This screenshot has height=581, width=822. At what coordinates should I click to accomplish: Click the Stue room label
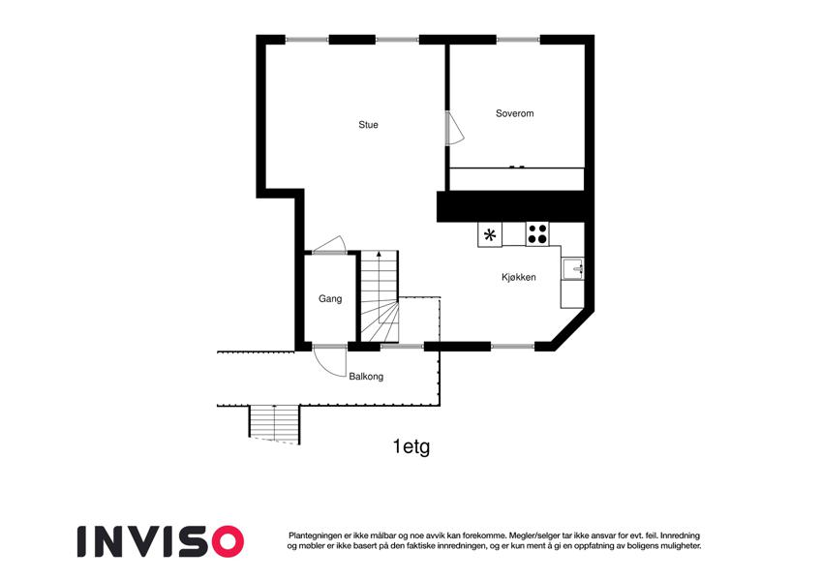coord(368,125)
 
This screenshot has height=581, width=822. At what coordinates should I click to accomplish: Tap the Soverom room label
coord(515,113)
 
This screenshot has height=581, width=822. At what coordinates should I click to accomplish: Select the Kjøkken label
coord(518,277)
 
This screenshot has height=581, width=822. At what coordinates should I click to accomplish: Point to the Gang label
coord(330,299)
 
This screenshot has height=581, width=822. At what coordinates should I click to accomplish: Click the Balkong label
coord(366,377)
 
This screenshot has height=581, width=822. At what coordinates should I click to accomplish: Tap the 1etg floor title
coord(411,446)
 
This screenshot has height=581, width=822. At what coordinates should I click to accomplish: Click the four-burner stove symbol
coord(537,234)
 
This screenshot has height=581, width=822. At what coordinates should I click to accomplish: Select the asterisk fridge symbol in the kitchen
coord(490,234)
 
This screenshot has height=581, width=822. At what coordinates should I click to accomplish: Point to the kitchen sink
coord(572,269)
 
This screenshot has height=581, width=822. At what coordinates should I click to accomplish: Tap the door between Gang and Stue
coord(330,245)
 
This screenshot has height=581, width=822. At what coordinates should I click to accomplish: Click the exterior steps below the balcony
coord(274,425)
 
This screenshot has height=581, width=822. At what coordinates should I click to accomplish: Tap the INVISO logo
coord(161,541)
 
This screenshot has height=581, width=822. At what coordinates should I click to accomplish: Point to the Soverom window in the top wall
coord(518,40)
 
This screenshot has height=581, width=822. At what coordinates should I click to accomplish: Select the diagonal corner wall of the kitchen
coord(572,330)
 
